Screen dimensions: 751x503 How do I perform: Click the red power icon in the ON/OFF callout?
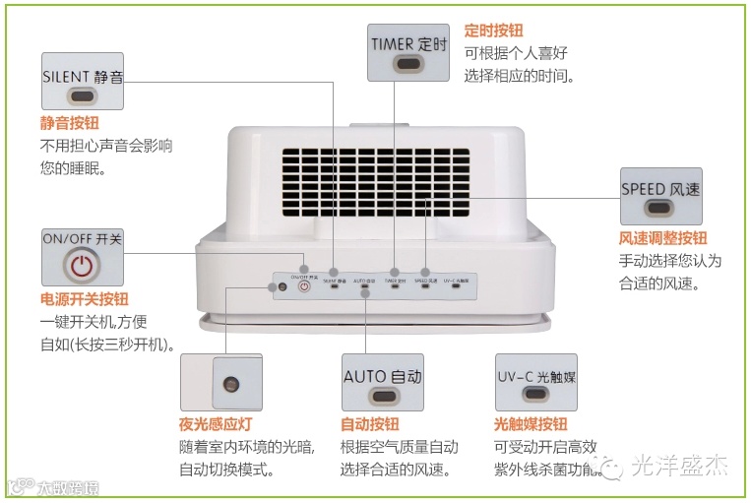click(x=83, y=266)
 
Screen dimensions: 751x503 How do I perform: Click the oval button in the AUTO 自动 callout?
click(x=382, y=396)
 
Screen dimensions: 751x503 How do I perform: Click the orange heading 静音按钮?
click(x=69, y=123)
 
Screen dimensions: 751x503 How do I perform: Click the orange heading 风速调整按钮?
click(x=662, y=239)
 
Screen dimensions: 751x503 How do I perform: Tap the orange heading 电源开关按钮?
click(x=84, y=299)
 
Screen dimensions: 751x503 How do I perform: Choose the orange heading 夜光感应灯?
click(x=208, y=424)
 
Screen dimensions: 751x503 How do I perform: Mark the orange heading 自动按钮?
click(x=369, y=424)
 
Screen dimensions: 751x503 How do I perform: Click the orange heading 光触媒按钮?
click(x=531, y=424)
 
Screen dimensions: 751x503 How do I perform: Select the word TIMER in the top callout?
click(x=393, y=44)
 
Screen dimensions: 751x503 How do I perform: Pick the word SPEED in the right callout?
click(x=643, y=189)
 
